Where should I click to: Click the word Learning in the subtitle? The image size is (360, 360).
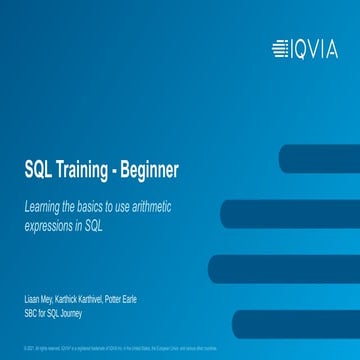pyautogui.click(x=44, y=206)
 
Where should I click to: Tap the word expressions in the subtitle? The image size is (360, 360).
pyautogui.click(x=50, y=226)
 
